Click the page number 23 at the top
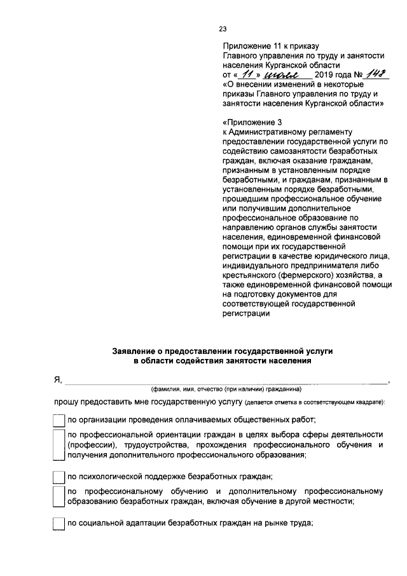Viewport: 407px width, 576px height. (x=223, y=29)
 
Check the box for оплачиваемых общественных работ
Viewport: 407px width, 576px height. (x=58, y=419)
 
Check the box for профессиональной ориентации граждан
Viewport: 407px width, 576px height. (x=58, y=444)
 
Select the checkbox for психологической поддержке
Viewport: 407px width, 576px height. (x=58, y=476)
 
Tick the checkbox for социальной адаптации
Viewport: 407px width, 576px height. (x=58, y=524)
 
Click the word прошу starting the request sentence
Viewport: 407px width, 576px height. (x=66, y=403)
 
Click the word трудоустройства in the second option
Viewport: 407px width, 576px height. (x=157, y=444)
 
